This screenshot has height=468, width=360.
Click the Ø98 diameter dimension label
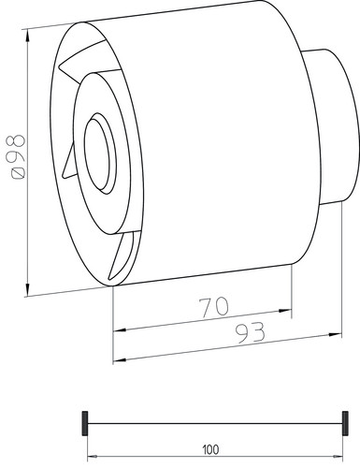[18, 157]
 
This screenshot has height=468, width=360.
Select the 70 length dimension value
[214, 308]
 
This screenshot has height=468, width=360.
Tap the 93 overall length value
[250, 332]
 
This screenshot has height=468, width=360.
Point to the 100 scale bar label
[210, 450]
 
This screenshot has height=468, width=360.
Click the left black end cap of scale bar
[84, 423]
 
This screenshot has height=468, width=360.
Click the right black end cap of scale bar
[345, 423]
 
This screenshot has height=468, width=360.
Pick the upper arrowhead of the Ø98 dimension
[28, 36]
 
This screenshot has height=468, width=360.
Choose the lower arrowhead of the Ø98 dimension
[28, 289]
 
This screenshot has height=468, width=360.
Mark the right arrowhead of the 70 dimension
[285, 311]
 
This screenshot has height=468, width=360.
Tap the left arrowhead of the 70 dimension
[120, 329]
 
